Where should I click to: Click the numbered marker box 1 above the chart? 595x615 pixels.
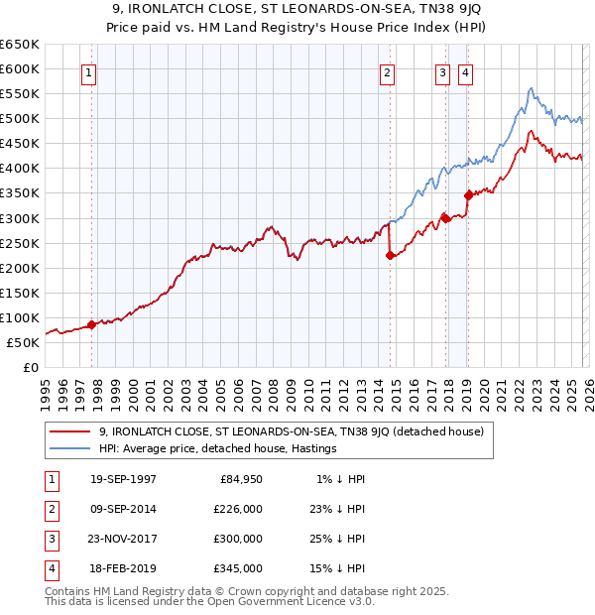tap(90, 71)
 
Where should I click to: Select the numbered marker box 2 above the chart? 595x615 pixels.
tap(388, 71)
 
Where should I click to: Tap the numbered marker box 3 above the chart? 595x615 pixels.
tap(442, 71)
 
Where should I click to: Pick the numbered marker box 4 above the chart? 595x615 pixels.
tap(464, 71)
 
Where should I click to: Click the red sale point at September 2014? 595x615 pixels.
tap(390, 255)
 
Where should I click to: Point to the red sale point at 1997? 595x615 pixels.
tap(91, 324)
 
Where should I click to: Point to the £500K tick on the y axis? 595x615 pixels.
tap(21, 119)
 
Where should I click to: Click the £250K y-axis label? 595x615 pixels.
tap(21, 243)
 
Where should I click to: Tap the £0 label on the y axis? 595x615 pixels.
tap(29, 367)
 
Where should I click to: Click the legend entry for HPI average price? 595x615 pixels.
tap(217, 448)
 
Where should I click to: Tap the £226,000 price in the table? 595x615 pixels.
tap(238, 509)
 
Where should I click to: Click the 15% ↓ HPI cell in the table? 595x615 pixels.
tap(335, 568)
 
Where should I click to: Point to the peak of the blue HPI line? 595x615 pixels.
tap(532, 88)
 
